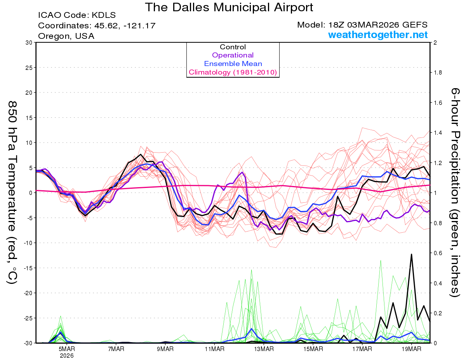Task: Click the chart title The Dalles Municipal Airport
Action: (x=229, y=7)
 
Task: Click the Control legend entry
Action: (x=233, y=47)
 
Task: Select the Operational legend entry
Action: (x=233, y=56)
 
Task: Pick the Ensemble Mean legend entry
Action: (x=233, y=64)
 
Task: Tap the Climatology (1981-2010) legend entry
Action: (x=233, y=72)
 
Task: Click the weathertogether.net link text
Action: (x=378, y=35)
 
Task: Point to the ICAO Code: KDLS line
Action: (x=77, y=16)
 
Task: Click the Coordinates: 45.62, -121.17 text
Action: (x=97, y=26)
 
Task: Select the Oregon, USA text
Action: (x=66, y=36)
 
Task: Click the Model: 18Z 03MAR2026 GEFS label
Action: (x=362, y=25)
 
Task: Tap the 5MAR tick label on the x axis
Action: (x=67, y=349)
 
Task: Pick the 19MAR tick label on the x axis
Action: (x=411, y=349)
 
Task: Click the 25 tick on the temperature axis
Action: (x=28, y=68)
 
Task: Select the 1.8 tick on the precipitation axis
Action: (x=438, y=73)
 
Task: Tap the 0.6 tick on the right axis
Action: (x=438, y=253)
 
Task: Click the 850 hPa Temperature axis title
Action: (x=12, y=192)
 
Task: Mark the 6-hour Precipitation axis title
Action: (x=455, y=192)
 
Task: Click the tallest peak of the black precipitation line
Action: (x=411, y=254)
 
